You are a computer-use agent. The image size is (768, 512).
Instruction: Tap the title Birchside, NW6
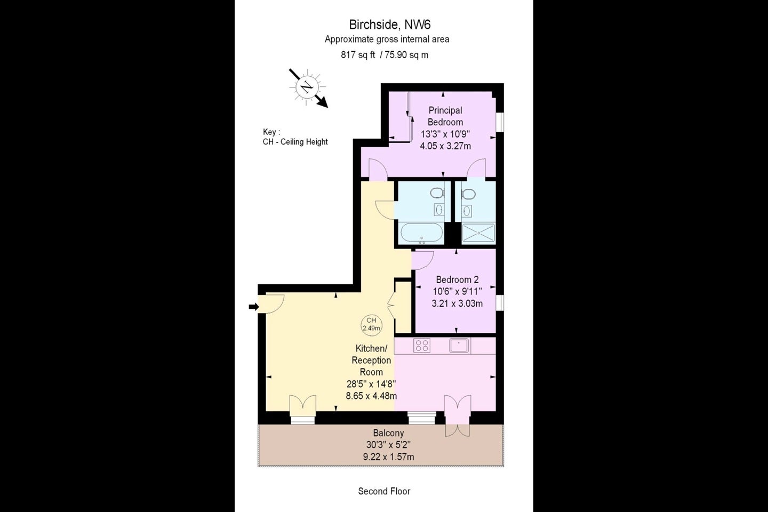click(389, 25)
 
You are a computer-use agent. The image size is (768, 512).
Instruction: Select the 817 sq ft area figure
click(358, 55)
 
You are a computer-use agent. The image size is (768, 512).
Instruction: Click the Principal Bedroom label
click(445, 116)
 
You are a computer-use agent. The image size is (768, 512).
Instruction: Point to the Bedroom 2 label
click(457, 279)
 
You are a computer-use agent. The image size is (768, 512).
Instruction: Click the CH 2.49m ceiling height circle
click(371, 324)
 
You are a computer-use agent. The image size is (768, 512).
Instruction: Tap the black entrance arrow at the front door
click(254, 307)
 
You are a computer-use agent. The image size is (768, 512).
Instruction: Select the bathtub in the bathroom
click(422, 233)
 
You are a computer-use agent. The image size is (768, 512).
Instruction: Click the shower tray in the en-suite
click(478, 233)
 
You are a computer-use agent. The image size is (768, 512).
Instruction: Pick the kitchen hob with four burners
click(422, 346)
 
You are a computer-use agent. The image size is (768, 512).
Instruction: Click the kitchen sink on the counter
click(459, 346)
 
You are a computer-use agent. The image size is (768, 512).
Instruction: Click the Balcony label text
click(388, 433)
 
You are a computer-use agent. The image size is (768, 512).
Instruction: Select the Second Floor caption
click(384, 491)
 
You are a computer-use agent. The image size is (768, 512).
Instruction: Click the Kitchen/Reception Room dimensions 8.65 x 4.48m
click(371, 396)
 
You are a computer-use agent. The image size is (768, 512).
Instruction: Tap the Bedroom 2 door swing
click(423, 260)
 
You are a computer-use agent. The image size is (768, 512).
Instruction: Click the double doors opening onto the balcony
click(458, 415)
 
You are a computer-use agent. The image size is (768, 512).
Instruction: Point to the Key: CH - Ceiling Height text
click(295, 137)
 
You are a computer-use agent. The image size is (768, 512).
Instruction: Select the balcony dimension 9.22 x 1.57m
click(388, 457)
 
